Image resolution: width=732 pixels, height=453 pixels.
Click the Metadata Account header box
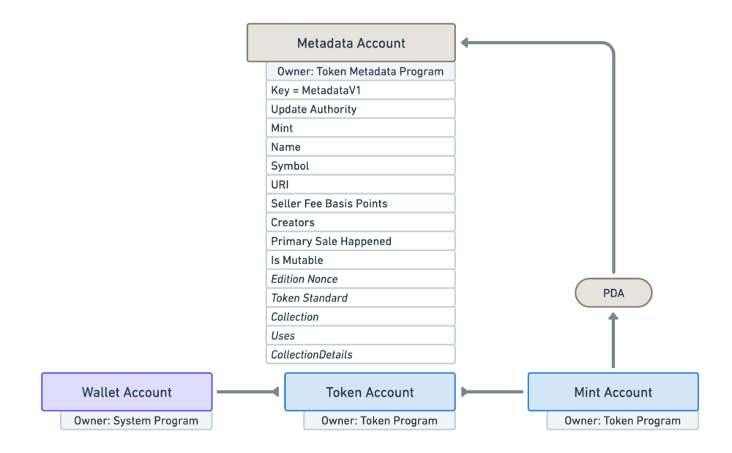click(351, 43)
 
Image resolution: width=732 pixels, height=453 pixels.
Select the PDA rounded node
click(613, 293)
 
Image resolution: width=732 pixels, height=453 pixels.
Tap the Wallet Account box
click(127, 392)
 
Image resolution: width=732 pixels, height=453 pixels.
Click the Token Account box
click(370, 392)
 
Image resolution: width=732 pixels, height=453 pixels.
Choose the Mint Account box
click(613, 392)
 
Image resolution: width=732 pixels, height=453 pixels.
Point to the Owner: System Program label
click(136, 421)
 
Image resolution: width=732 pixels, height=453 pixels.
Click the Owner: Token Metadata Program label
click(360, 71)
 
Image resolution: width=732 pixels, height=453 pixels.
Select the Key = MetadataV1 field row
click(360, 90)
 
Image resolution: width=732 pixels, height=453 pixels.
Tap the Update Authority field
click(360, 109)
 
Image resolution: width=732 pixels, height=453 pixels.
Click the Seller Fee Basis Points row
click(360, 203)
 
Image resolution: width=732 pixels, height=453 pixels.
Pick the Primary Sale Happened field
click(360, 242)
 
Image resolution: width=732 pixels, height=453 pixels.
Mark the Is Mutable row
click(360, 260)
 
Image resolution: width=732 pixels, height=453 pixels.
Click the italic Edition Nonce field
click(360, 279)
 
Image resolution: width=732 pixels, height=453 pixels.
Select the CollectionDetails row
click(360, 354)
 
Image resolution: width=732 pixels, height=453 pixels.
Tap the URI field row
click(360, 184)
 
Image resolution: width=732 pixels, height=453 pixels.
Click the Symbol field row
click(360, 165)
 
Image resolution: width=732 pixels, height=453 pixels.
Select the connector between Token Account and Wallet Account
click(248, 392)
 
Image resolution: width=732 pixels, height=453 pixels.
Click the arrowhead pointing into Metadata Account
click(466, 43)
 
